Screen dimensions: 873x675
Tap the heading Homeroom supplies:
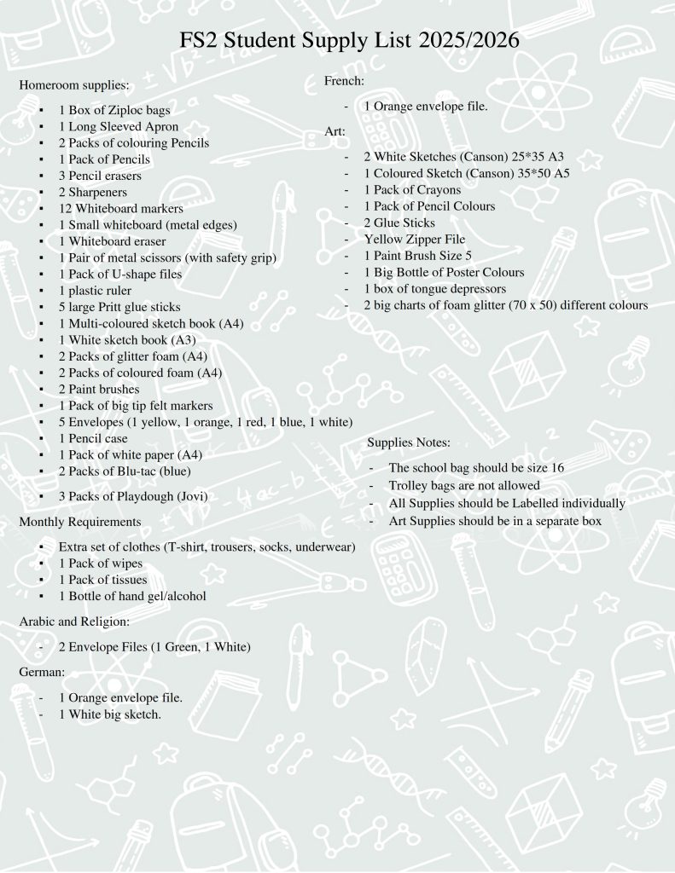point(74,85)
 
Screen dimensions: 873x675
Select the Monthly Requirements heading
point(79,521)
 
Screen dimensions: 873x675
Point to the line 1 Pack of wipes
point(101,564)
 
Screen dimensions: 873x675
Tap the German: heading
point(42,673)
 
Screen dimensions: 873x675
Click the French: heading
point(345,81)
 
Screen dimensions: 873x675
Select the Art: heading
point(335,131)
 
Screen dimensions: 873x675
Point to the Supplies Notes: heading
point(409,442)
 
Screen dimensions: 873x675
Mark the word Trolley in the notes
point(408,486)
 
